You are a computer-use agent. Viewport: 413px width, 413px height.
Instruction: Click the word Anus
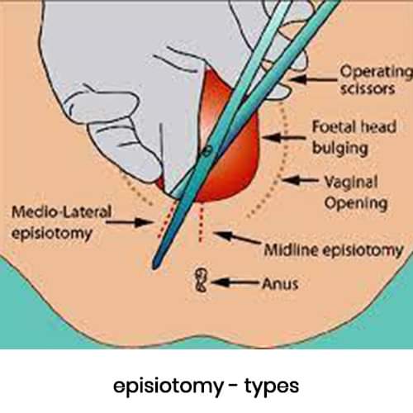[x=280, y=283]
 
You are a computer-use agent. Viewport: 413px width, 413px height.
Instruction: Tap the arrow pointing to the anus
[x=235, y=282]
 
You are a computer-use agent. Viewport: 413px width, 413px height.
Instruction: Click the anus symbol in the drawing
[x=201, y=280]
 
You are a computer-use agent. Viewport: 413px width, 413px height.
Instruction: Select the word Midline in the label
[x=292, y=250]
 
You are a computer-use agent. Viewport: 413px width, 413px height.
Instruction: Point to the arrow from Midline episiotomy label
[x=237, y=238]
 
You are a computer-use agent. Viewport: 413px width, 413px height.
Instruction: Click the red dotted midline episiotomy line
[x=201, y=225]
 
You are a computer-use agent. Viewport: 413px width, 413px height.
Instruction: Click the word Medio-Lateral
[x=62, y=212]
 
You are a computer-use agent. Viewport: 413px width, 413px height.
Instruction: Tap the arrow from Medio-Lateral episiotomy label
[x=129, y=222]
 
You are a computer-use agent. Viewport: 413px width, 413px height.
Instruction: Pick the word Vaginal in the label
[x=351, y=182]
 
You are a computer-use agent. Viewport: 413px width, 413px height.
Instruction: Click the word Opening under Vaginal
[x=356, y=204]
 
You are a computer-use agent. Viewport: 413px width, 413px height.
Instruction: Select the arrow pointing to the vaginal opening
[x=300, y=181]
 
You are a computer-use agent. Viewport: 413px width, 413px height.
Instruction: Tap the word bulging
[x=340, y=149]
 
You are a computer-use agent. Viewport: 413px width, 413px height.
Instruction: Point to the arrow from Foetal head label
[x=284, y=137]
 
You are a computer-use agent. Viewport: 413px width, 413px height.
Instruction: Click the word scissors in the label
[x=368, y=89]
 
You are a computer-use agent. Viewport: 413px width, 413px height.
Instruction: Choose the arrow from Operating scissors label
[x=314, y=79]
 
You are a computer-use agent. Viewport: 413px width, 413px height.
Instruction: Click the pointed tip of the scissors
[x=155, y=267]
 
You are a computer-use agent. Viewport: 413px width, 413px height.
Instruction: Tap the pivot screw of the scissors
[x=207, y=150]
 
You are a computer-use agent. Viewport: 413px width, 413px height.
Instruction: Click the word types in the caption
[x=272, y=387]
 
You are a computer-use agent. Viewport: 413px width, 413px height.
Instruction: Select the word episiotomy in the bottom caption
[x=169, y=386]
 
